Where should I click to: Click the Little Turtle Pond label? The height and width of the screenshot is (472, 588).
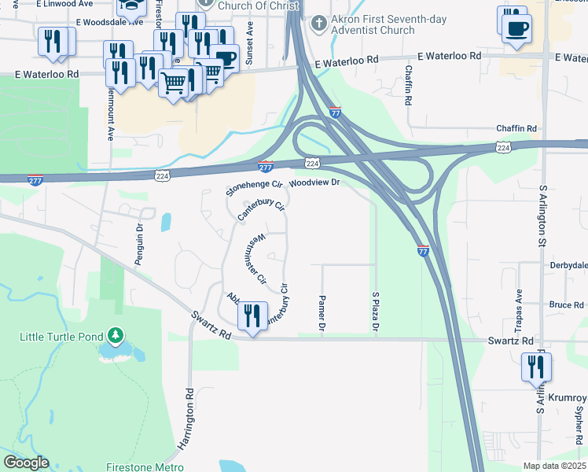pos(61,337)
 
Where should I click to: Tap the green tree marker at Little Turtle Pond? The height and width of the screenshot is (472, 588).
pos(116,336)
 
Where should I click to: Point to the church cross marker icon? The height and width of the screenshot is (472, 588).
pos(318,23)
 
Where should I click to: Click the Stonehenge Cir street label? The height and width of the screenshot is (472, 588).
pos(253,187)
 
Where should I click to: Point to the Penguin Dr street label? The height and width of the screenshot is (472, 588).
pos(138,245)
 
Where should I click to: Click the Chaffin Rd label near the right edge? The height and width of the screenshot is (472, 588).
pos(516,128)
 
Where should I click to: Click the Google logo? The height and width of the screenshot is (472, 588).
pos(26,463)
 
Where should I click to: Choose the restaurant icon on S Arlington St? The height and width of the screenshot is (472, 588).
pos(536,367)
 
